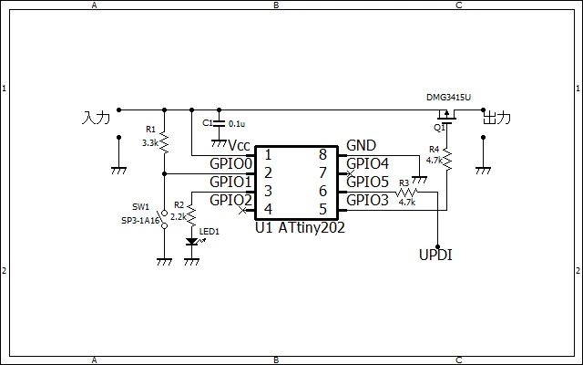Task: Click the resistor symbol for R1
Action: pos(164,142)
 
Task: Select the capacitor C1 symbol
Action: pos(219,124)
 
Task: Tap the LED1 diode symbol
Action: pos(192,241)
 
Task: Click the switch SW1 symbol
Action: pos(164,219)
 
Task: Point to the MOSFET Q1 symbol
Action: pos(446,116)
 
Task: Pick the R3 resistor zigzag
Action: pos(406,193)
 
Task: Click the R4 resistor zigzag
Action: pos(447,161)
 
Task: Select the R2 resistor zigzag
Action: pos(191,215)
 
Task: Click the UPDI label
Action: pos(435,255)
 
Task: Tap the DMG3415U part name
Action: pos(448,98)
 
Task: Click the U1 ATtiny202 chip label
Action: pos(300,227)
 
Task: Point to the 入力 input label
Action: pos(96,118)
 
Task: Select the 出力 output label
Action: pos(496,118)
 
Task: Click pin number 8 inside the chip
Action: pos(322,154)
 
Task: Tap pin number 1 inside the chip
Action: pos(268,154)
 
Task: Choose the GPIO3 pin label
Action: pos(367,201)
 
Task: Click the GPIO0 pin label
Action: pos(230,163)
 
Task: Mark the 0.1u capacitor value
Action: pos(237,124)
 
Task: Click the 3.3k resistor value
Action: pos(150,143)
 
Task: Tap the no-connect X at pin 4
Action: pos(242,211)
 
